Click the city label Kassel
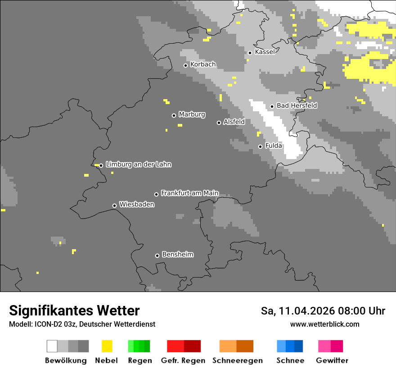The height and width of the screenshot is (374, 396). click(265, 52)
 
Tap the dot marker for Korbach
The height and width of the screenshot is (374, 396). click(185, 65)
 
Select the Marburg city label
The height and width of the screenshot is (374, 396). click(192, 114)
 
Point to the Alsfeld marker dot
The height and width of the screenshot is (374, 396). click(219, 123)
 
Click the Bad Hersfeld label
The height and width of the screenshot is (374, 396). click(297, 105)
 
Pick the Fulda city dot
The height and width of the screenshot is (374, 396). click(260, 146)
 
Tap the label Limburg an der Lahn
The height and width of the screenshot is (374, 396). click(138, 164)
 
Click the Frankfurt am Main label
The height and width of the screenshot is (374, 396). click(189, 193)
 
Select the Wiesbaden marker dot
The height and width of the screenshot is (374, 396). click(114, 205)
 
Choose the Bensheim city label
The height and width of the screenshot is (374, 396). click(177, 255)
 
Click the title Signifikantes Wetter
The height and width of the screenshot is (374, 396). click(74, 311)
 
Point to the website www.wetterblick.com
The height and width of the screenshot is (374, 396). click(324, 324)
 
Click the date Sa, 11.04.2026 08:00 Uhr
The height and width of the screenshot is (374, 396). click(323, 311)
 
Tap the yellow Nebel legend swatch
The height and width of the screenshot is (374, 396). click(107, 346)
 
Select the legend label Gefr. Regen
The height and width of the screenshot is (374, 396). click(183, 360)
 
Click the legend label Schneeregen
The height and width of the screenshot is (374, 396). click(237, 360)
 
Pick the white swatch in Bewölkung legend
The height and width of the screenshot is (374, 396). click(52, 346)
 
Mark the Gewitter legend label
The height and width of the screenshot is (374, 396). click(332, 360)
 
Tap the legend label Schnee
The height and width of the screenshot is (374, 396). click(290, 360)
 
